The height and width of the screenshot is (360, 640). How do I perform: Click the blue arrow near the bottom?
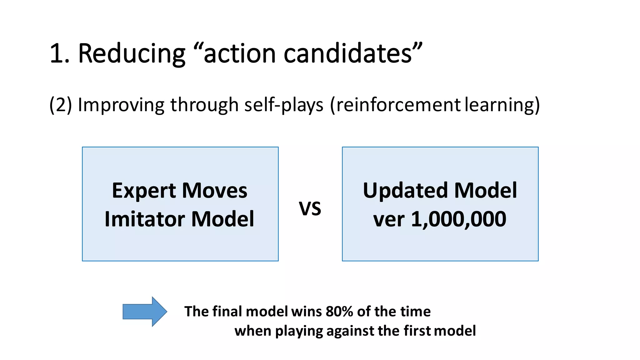pyautogui.click(x=145, y=312)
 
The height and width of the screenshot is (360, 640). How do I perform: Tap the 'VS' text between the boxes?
pyautogui.click(x=310, y=209)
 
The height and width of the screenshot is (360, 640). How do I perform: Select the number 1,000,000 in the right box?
pyautogui.click(x=458, y=219)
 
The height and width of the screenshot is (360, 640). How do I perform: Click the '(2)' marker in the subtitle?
pyautogui.click(x=61, y=105)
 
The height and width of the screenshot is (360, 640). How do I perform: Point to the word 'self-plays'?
pyautogui.click(x=284, y=105)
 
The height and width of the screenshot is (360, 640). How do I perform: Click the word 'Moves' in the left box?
pyautogui.click(x=215, y=191)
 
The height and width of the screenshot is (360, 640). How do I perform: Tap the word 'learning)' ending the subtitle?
pyautogui.click(x=502, y=105)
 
